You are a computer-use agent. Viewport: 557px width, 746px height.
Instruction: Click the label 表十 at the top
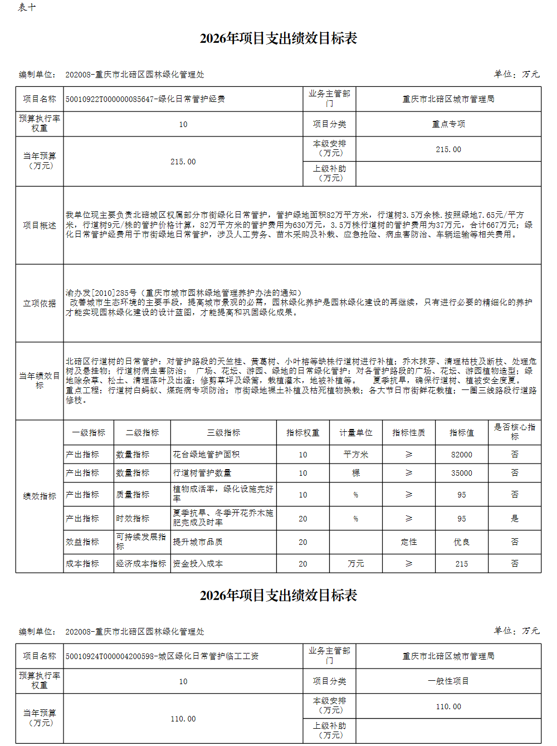(x=27, y=7)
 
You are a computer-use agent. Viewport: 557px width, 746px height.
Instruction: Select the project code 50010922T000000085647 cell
(x=145, y=99)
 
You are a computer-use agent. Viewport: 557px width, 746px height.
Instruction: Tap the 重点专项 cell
(x=448, y=124)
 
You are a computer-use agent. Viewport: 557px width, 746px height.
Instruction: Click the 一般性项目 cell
(x=448, y=681)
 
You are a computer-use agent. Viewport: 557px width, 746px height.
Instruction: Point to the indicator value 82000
(x=462, y=455)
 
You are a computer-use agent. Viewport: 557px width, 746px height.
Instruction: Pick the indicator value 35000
(x=462, y=473)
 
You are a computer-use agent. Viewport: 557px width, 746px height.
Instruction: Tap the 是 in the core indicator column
(x=515, y=518)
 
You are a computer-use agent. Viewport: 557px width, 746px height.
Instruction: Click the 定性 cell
(x=409, y=542)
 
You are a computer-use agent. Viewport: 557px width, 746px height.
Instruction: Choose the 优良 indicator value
(x=462, y=542)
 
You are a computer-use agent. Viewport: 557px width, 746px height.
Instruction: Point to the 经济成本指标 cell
(x=141, y=564)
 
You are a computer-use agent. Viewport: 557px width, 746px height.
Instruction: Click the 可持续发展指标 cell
(x=141, y=542)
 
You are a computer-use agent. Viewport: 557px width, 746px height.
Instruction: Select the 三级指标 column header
(x=223, y=433)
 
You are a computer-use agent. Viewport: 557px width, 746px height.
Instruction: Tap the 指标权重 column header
(x=302, y=433)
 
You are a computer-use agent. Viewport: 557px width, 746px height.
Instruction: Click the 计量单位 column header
(x=355, y=433)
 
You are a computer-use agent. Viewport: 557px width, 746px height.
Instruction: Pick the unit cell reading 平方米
(x=355, y=455)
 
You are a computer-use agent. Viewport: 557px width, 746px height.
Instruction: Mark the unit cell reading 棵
(x=355, y=473)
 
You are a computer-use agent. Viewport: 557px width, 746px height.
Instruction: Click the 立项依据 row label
(x=40, y=304)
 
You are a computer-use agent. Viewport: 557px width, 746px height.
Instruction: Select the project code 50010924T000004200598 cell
(x=162, y=656)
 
